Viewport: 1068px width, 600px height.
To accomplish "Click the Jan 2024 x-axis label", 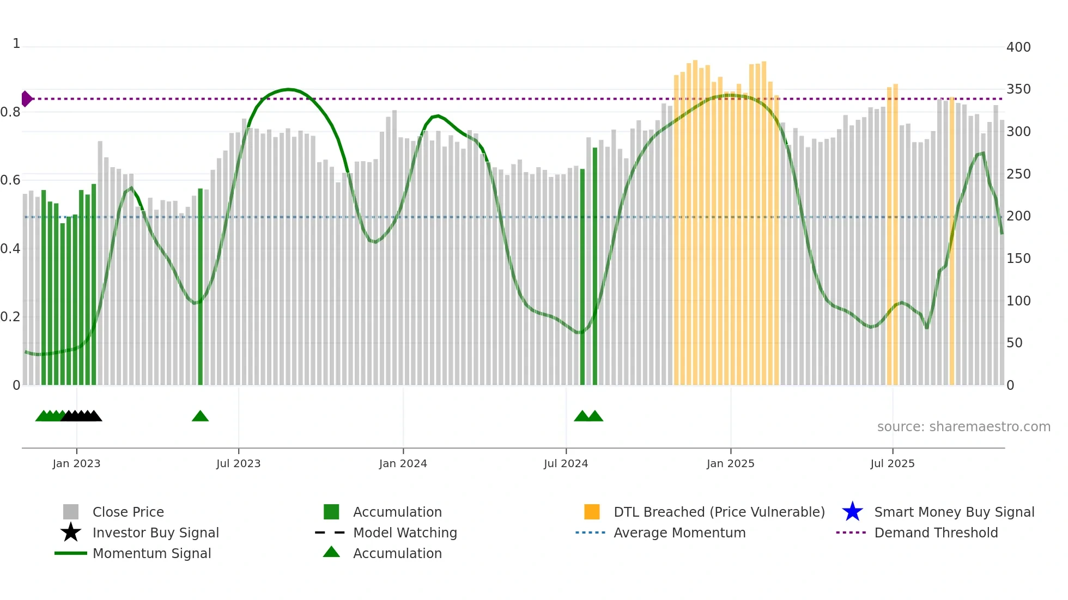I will pos(403,463).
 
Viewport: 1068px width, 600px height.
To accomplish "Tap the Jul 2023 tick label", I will pos(238,463).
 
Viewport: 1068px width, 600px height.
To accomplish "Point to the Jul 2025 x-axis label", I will pos(892,463).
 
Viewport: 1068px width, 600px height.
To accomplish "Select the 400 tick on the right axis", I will pos(1018,47).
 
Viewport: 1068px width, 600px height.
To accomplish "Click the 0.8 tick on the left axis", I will pos(10,112).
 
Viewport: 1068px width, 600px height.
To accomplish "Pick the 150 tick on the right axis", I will pos(1018,259).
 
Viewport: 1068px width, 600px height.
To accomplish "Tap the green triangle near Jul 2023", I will pos(200,417).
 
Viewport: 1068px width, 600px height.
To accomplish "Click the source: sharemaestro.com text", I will pos(963,427).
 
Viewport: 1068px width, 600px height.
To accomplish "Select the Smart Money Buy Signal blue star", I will pos(852,512).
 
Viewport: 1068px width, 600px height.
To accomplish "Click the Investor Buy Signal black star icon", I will pos(71,532).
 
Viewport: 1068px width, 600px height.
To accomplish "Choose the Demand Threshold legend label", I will pos(936,532).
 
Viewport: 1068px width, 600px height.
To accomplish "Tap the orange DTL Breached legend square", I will pos(592,512).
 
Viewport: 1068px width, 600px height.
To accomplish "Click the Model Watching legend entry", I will pos(404,532).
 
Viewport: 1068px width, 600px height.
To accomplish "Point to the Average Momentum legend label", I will pos(679,532).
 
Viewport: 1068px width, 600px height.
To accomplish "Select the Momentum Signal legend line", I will pos(71,553).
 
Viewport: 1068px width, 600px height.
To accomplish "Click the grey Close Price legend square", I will pos(71,512).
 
